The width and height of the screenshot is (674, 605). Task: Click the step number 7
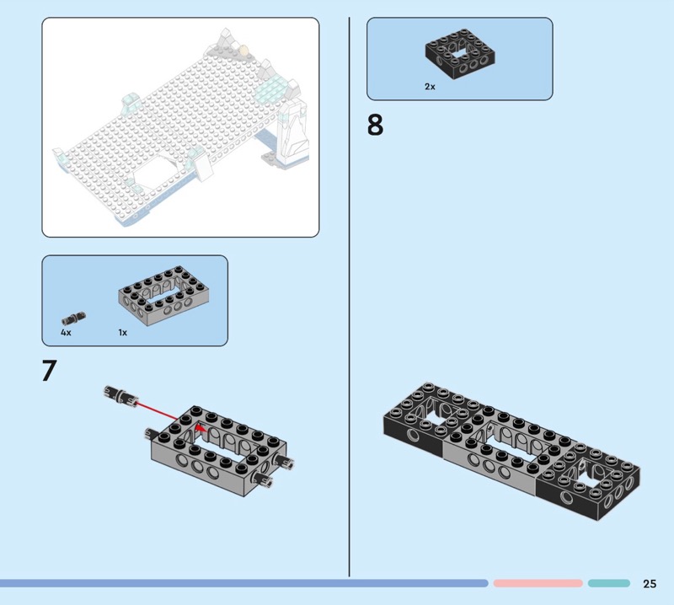tap(50, 371)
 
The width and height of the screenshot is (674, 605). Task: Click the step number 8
tap(375, 125)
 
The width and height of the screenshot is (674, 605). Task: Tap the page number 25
tap(650, 583)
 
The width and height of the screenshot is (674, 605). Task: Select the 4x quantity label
tap(66, 332)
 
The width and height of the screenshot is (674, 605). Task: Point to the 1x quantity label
tap(122, 332)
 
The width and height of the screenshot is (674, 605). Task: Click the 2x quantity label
tap(430, 87)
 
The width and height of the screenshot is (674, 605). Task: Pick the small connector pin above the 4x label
tap(73, 319)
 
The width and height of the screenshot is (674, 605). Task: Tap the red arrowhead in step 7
tap(200, 428)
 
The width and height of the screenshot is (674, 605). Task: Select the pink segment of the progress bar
tap(538, 583)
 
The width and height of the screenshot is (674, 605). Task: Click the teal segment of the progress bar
tap(608, 583)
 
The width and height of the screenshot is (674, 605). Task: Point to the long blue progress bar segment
tap(243, 583)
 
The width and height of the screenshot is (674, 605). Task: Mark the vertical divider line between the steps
tap(349, 297)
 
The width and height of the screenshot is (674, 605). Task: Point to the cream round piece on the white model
tap(244, 51)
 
